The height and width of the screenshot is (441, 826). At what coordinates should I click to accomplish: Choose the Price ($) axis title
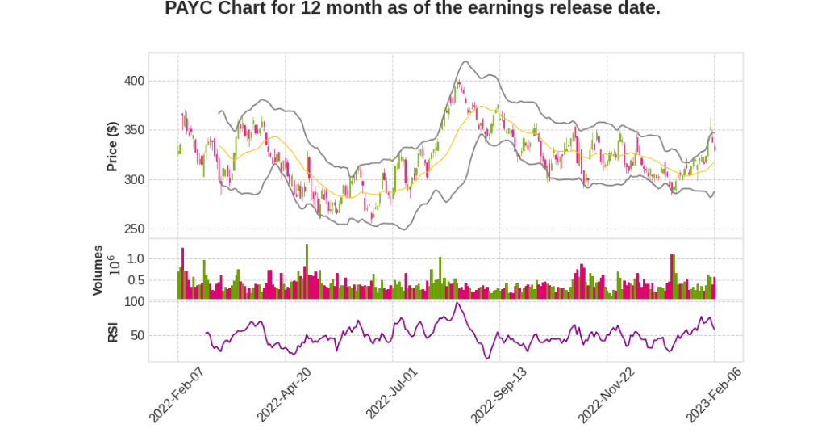113,145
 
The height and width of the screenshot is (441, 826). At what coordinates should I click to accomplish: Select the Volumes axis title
98,270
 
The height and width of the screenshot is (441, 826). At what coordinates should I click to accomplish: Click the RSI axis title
113,332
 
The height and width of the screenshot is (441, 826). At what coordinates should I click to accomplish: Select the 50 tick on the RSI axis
137,335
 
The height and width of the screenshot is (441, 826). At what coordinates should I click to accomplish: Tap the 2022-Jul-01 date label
392,393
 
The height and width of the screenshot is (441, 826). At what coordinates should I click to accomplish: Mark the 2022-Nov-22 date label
606,393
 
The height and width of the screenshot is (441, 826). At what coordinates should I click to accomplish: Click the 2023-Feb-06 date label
714,393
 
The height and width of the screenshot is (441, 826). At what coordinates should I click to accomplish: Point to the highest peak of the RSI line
457,304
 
